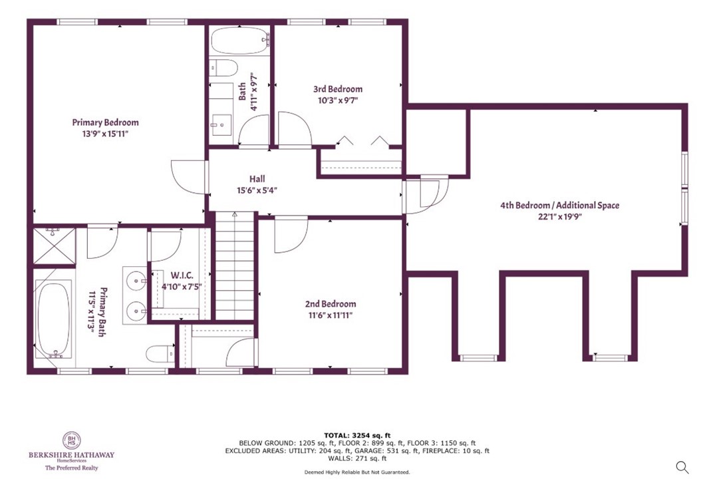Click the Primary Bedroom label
click(x=105, y=122)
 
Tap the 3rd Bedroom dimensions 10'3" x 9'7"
click(x=338, y=101)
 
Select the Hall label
click(x=257, y=179)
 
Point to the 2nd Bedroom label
click(x=331, y=304)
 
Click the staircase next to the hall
click(x=235, y=266)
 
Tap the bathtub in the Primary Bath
click(x=53, y=319)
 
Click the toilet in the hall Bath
click(x=223, y=69)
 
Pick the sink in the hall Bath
click(x=221, y=122)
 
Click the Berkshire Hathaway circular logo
click(x=71, y=440)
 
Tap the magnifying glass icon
click(x=682, y=467)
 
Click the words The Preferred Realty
click(x=71, y=468)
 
